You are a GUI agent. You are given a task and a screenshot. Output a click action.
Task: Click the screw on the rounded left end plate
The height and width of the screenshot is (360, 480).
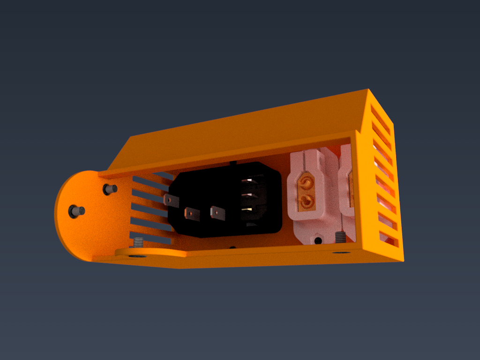tap(76, 211)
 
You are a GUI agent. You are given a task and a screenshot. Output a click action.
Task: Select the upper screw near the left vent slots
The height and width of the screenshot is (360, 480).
tap(110, 189)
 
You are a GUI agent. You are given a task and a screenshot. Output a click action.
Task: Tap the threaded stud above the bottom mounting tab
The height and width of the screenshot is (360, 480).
tap(138, 242)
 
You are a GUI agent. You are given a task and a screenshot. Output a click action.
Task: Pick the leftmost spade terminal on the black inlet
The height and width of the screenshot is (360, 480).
tap(172, 201)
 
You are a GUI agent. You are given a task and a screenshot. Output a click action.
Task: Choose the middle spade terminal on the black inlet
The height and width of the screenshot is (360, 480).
tap(192, 214)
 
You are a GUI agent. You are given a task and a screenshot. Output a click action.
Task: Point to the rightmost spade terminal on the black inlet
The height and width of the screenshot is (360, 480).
tap(217, 213)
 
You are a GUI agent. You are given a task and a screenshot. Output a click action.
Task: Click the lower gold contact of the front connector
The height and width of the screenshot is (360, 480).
tap(307, 202)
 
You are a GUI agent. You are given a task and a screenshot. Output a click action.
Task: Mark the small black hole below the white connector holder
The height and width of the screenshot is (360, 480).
tap(318, 240)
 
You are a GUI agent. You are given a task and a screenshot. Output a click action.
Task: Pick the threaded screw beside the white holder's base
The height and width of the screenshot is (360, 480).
tap(341, 237)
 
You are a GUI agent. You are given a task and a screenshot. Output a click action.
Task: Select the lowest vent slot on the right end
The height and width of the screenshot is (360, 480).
tap(389, 239)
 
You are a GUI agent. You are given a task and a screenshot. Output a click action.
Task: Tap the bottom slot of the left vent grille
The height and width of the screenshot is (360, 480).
tap(149, 238)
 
